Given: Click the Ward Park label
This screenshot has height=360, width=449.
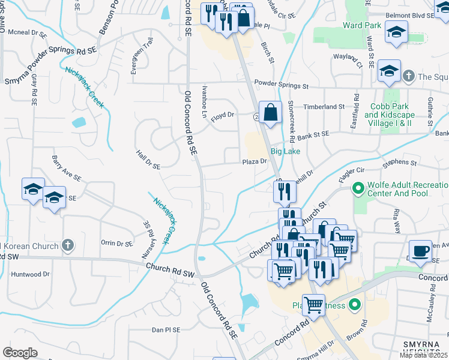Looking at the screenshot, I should [362, 26].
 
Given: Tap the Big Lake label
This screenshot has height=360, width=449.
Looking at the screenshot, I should [285, 151].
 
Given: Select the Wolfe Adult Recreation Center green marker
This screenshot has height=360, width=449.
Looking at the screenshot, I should [358, 190].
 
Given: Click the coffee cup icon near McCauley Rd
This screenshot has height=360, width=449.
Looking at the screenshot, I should [420, 250].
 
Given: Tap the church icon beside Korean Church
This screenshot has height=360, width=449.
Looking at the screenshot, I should [68, 245].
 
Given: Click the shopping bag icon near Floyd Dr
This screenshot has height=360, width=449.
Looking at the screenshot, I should [271, 112].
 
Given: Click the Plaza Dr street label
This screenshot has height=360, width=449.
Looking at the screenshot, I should [254, 161].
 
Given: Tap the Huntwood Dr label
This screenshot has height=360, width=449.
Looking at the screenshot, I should [30, 274].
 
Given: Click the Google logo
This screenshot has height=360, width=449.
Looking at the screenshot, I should [20, 353].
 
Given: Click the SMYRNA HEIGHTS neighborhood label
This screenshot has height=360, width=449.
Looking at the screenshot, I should [424, 348].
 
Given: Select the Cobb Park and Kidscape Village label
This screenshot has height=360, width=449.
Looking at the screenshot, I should [388, 114].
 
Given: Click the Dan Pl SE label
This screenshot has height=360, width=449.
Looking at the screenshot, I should [166, 330].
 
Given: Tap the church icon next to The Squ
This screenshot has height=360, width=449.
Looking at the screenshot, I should [408, 76].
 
